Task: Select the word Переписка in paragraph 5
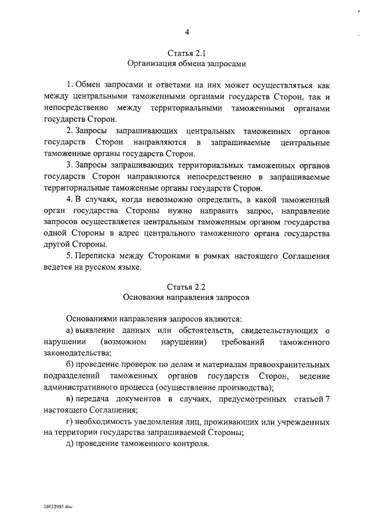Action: coord(96,256)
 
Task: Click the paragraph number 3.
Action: coord(70,166)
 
